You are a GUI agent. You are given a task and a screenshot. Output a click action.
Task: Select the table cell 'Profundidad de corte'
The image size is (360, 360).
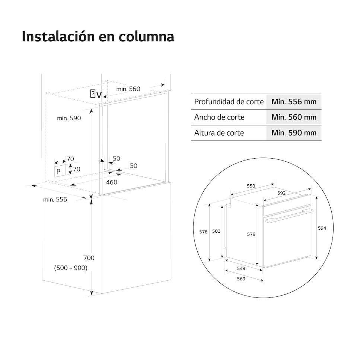229,102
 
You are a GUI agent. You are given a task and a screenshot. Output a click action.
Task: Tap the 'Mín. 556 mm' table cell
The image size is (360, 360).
294,102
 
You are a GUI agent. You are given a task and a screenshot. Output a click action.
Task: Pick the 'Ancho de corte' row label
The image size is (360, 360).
219,117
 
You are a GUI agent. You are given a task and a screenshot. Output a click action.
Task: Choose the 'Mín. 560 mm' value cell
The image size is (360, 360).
294,117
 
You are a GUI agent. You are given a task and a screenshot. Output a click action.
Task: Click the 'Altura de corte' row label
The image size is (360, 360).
219,133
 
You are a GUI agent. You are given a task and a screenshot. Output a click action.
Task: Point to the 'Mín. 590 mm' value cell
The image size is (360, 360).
294,133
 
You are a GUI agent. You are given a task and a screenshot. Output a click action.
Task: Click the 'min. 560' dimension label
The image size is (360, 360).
128,89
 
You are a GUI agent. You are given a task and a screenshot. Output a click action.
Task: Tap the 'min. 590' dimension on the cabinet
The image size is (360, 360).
69,118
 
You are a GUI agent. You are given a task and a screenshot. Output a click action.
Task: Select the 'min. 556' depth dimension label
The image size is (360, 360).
55,200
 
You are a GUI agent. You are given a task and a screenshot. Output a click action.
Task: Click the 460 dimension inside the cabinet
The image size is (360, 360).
112,182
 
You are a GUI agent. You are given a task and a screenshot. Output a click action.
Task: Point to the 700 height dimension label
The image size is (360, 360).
89,258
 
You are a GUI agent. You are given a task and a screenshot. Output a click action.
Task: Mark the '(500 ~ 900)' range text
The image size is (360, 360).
71,268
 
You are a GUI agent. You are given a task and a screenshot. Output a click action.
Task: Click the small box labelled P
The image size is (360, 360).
60,171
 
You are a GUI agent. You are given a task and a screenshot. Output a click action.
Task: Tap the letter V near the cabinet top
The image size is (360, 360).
99,95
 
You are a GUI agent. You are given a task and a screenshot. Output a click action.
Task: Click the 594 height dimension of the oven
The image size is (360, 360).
322,228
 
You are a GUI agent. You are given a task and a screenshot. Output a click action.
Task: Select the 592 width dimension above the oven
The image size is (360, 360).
281,193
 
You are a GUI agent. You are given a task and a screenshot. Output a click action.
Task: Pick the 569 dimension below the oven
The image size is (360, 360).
241,279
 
